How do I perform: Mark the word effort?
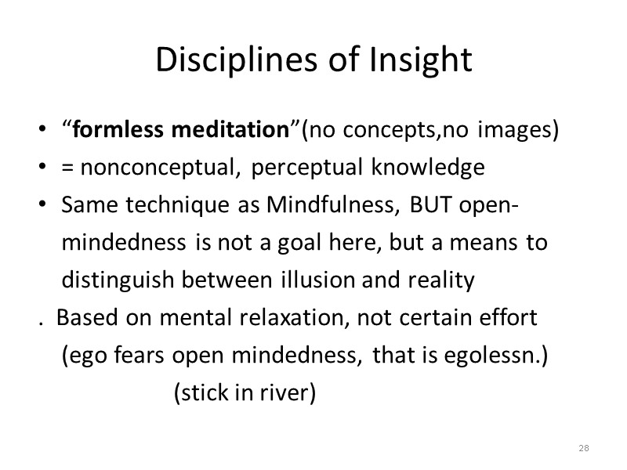509,319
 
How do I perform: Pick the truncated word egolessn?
502,356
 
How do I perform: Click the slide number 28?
583,448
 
